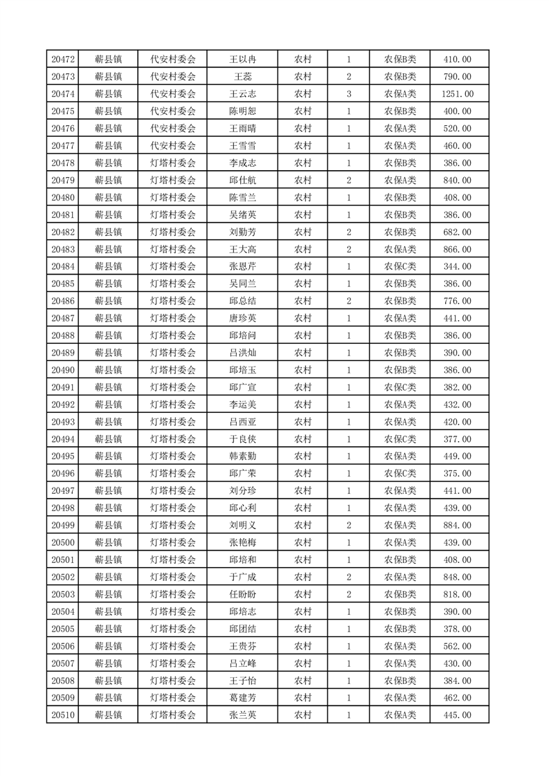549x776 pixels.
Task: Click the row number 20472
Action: click(x=63, y=59)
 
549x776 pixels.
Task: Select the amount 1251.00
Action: click(x=457, y=94)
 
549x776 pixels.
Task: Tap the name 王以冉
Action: click(x=242, y=59)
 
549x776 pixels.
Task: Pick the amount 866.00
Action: click(x=457, y=250)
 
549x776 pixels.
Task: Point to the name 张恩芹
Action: click(x=242, y=267)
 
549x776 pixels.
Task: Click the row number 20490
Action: click(x=63, y=371)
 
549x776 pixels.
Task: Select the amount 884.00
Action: click(x=457, y=526)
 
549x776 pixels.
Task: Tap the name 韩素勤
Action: click(x=242, y=456)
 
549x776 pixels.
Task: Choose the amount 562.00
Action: click(x=457, y=647)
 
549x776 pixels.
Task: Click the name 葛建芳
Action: click(x=242, y=699)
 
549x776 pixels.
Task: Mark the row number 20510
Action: click(x=63, y=716)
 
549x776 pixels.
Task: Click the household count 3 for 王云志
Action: click(x=349, y=94)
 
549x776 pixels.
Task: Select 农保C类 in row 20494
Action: click(x=400, y=439)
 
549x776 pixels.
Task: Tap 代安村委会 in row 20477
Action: click(x=173, y=146)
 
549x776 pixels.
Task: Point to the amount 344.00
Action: click(x=457, y=267)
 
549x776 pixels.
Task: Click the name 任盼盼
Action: click(x=242, y=595)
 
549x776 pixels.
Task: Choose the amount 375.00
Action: click(x=457, y=474)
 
